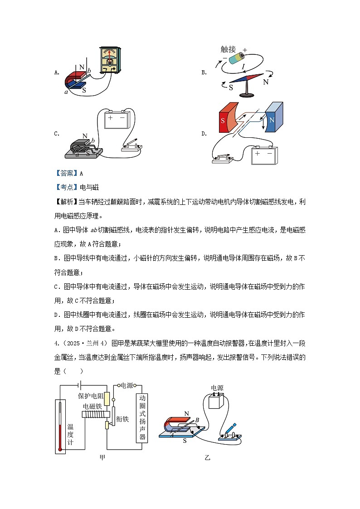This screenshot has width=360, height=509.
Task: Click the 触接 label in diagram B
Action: tap(229, 50)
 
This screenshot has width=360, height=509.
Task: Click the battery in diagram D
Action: tap(263, 155)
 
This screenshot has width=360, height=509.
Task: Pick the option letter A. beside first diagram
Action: tap(57, 72)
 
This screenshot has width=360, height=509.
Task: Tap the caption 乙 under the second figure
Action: tap(207, 458)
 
